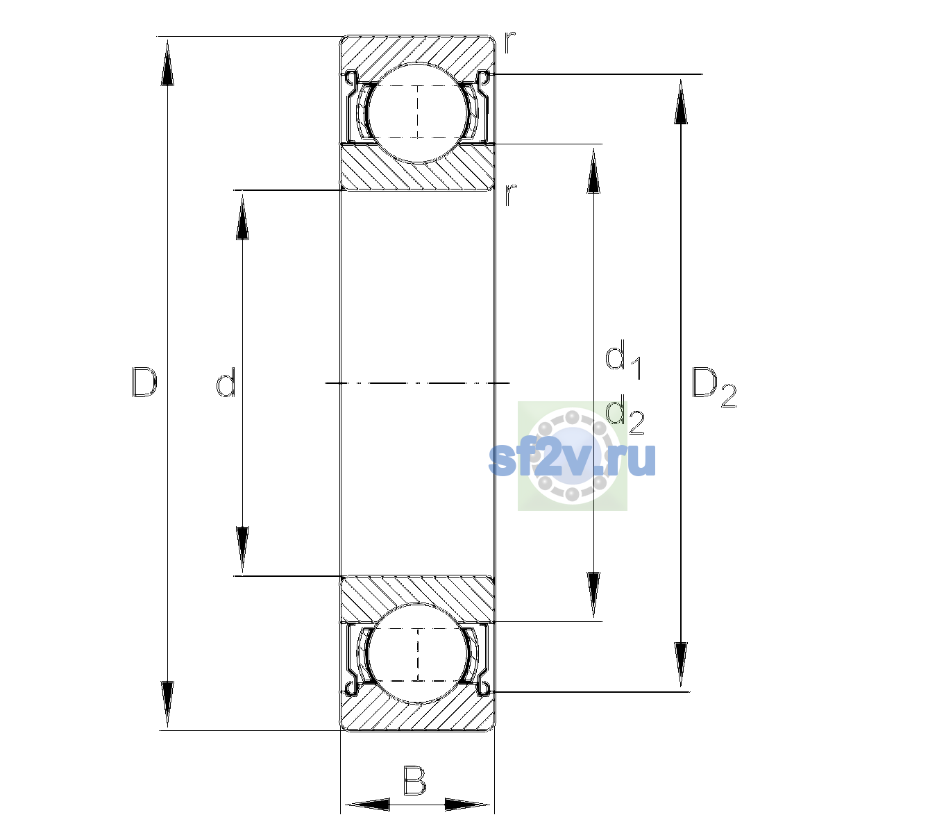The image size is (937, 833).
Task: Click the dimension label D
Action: (x=144, y=382)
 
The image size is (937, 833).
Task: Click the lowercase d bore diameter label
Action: (x=226, y=382)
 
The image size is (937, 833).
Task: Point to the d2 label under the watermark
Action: (x=625, y=414)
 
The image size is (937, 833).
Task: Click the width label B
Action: (x=414, y=780)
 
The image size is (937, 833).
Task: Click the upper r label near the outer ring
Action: (x=509, y=42)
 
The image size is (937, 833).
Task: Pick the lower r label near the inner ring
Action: (x=510, y=195)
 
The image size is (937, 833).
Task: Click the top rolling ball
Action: (x=418, y=113)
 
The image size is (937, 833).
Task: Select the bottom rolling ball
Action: (x=418, y=653)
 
